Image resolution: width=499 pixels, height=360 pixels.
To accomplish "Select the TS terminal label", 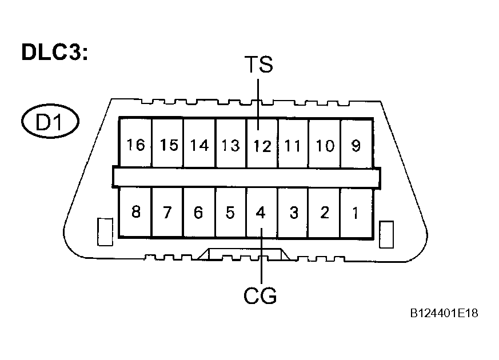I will click(x=258, y=65).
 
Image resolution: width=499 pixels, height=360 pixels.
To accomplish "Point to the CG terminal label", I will click(x=261, y=296).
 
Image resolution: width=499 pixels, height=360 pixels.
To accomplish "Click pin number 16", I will click(x=135, y=145).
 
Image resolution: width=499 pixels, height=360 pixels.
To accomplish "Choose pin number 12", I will click(x=262, y=146).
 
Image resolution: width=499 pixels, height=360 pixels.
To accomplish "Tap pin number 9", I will click(x=356, y=146).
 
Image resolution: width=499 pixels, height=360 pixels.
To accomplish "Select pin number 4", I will click(x=261, y=213).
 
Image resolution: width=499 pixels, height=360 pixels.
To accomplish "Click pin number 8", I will click(x=135, y=213).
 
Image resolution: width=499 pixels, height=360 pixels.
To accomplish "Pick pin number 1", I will click(x=356, y=213).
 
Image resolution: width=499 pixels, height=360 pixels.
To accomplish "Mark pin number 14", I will click(x=199, y=146).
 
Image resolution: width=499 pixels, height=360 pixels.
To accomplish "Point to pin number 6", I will click(x=198, y=213).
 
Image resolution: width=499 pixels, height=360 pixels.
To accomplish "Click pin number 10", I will click(x=325, y=146).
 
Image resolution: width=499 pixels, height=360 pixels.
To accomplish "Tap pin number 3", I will click(x=294, y=213).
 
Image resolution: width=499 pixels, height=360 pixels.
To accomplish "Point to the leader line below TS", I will click(x=259, y=101).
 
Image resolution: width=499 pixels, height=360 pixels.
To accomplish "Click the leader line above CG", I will click(x=261, y=257).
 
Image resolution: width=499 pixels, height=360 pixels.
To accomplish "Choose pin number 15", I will click(x=169, y=146).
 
